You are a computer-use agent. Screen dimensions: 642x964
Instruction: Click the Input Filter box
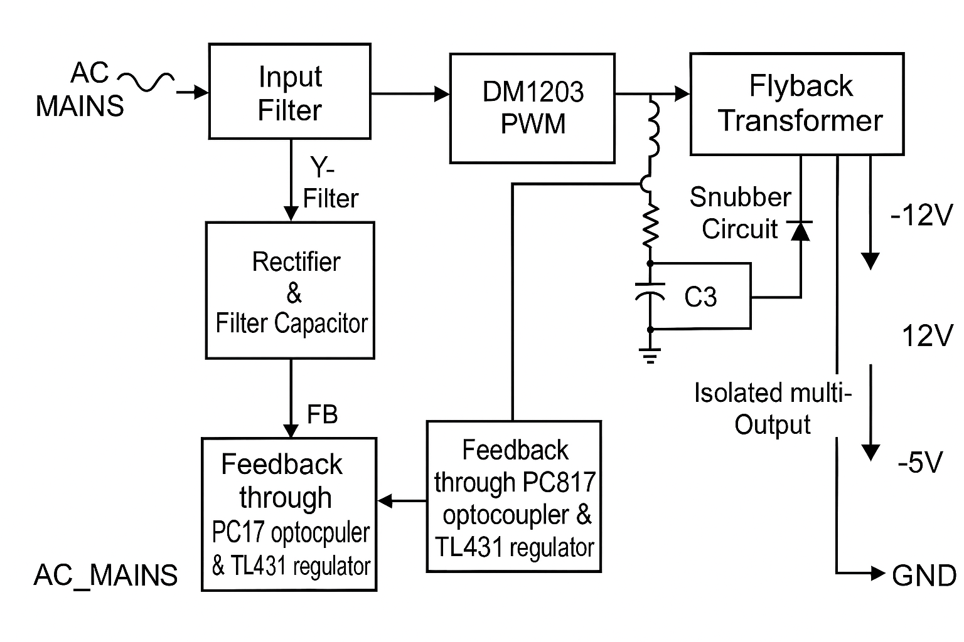(289, 92)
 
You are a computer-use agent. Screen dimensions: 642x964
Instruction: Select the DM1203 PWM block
(532, 108)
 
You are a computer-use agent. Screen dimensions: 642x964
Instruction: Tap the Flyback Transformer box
(797, 104)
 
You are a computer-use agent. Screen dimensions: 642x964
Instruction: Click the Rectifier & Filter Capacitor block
(290, 290)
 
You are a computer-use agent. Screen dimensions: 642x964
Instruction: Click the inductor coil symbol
(653, 129)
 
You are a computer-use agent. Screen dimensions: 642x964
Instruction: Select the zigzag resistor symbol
(651, 226)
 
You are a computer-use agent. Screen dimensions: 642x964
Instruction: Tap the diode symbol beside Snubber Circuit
(800, 230)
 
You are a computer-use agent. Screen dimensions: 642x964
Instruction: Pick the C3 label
(700, 297)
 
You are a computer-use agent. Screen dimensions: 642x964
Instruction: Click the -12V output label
(921, 216)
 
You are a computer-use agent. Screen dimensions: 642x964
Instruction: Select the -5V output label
(920, 463)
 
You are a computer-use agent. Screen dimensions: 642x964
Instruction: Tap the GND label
(924, 576)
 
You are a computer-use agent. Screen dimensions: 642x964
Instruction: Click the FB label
(323, 414)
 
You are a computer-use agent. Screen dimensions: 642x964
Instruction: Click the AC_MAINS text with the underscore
(105, 575)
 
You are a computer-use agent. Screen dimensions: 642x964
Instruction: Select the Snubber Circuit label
(741, 213)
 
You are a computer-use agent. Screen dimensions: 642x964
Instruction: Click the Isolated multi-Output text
(773, 409)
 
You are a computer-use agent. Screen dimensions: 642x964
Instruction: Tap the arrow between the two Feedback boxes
(402, 501)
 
